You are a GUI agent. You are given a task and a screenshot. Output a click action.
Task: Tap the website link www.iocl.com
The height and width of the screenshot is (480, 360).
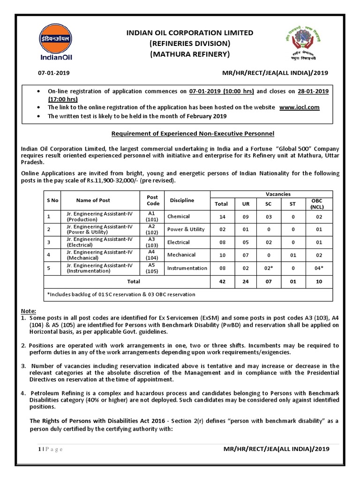pos(299,107)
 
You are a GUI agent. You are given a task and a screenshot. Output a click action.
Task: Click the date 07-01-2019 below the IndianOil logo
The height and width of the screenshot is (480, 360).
pos(52,73)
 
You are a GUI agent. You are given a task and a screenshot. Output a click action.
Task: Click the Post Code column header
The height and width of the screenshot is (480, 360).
pos(152,200)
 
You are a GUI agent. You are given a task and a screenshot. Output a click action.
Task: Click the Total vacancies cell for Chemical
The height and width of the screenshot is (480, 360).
pos(221,217)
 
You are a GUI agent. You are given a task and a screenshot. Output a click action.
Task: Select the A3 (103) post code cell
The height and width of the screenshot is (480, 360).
pos(152,242)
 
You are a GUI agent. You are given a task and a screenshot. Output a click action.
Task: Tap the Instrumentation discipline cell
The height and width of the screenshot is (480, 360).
pos(187,268)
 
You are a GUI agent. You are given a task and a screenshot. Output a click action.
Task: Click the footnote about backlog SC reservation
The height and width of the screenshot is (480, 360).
pos(121,294)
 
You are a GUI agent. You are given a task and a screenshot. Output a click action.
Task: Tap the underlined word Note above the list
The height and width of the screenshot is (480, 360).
pos(29,311)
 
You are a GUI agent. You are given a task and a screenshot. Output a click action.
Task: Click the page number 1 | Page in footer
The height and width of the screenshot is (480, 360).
pos(50,449)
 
